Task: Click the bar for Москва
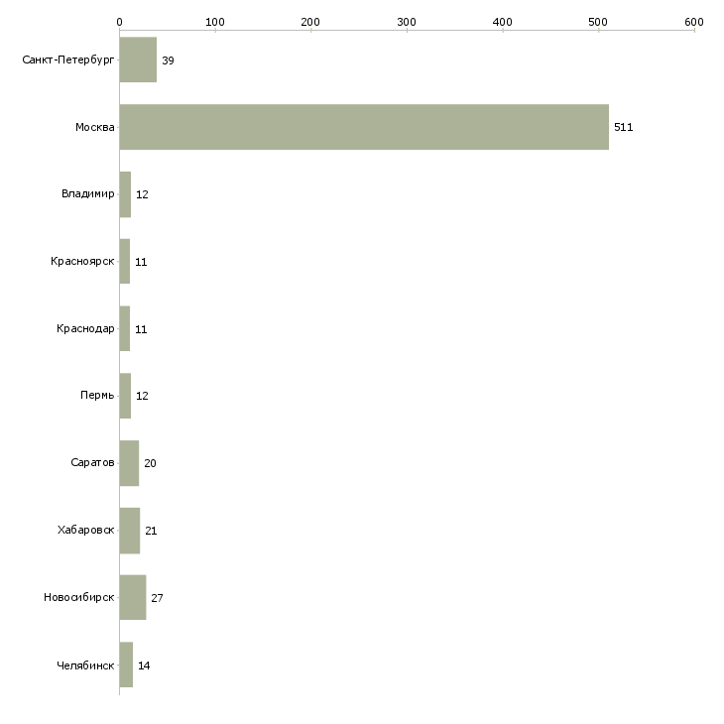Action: pos(364,127)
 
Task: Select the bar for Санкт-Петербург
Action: pos(138,60)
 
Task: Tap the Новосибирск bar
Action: pos(133,597)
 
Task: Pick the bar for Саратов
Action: pos(129,463)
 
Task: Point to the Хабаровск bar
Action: pos(130,531)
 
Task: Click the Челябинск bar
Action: pos(127,664)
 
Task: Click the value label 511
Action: pos(624,127)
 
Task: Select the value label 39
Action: pos(168,60)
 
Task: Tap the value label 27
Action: pos(157,598)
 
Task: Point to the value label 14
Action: pos(144,665)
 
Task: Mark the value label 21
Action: pos(151,531)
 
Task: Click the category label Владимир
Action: pos(87,194)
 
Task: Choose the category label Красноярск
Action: pos(82,262)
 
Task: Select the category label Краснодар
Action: pos(85,328)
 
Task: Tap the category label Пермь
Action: pos(97,396)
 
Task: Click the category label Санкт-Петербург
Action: pos(68,60)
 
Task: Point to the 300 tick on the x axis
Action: pos(407,31)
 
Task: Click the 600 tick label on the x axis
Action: pos(694,22)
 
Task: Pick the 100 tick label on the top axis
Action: pos(215,22)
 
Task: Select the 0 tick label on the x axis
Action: pos(120,22)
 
